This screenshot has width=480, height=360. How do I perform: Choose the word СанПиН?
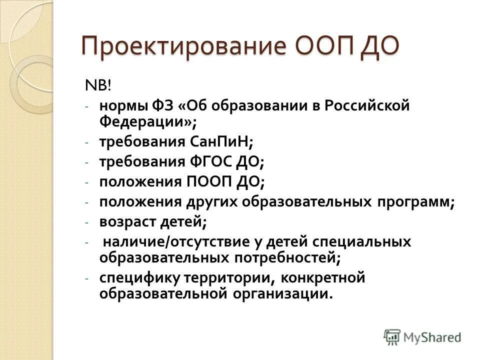pyautogui.click(x=220, y=142)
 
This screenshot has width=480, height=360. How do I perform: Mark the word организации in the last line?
pyautogui.click(x=282, y=293)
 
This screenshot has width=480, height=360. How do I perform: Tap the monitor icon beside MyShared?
pyautogui.click(x=392, y=336)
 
